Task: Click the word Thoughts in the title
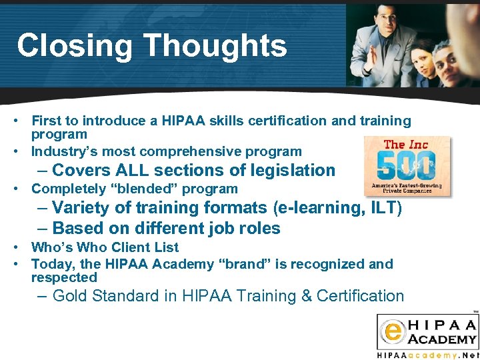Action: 214,46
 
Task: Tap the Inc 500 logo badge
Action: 407,167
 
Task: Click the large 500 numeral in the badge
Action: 407,165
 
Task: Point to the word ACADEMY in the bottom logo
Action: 442,339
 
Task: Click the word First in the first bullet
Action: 46,121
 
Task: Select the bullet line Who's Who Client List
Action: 105,247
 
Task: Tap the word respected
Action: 64,277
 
